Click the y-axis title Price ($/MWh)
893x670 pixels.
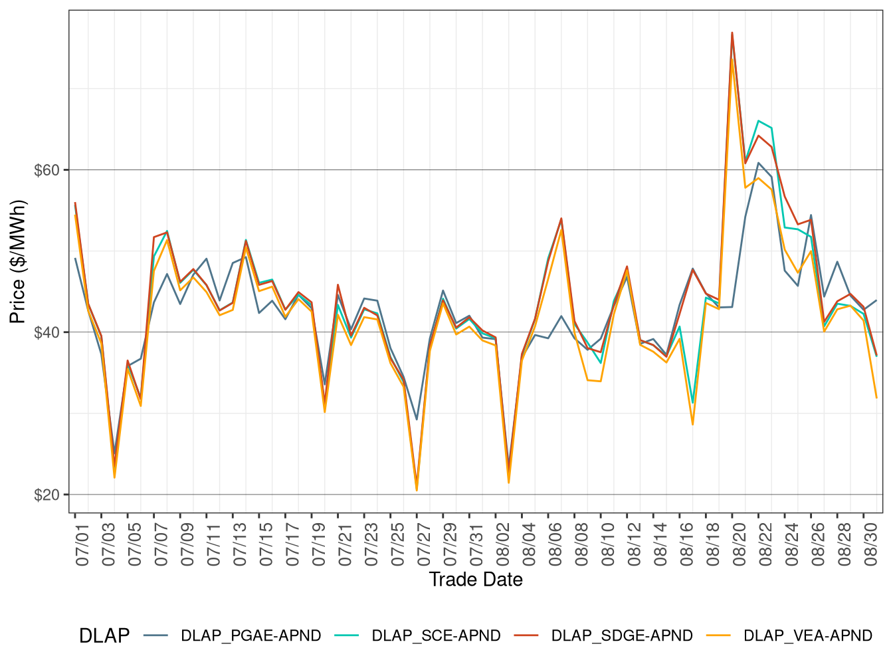17,262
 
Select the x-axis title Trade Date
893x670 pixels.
476,580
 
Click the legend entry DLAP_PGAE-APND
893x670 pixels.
250,635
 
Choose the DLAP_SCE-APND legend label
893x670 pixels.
436,635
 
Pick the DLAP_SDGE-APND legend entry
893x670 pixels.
621,635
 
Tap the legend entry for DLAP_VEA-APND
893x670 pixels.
807,635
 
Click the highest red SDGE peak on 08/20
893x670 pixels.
732,33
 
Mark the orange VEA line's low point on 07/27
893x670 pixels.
417,491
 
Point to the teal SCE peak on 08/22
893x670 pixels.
758,120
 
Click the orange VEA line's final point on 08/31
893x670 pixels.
876,397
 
